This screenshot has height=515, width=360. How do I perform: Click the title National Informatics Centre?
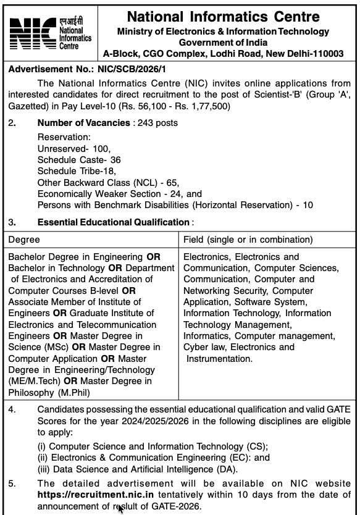point(224,16)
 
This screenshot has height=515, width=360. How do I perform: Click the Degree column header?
point(24,239)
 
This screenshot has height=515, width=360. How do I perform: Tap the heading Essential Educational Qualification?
point(113,222)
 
